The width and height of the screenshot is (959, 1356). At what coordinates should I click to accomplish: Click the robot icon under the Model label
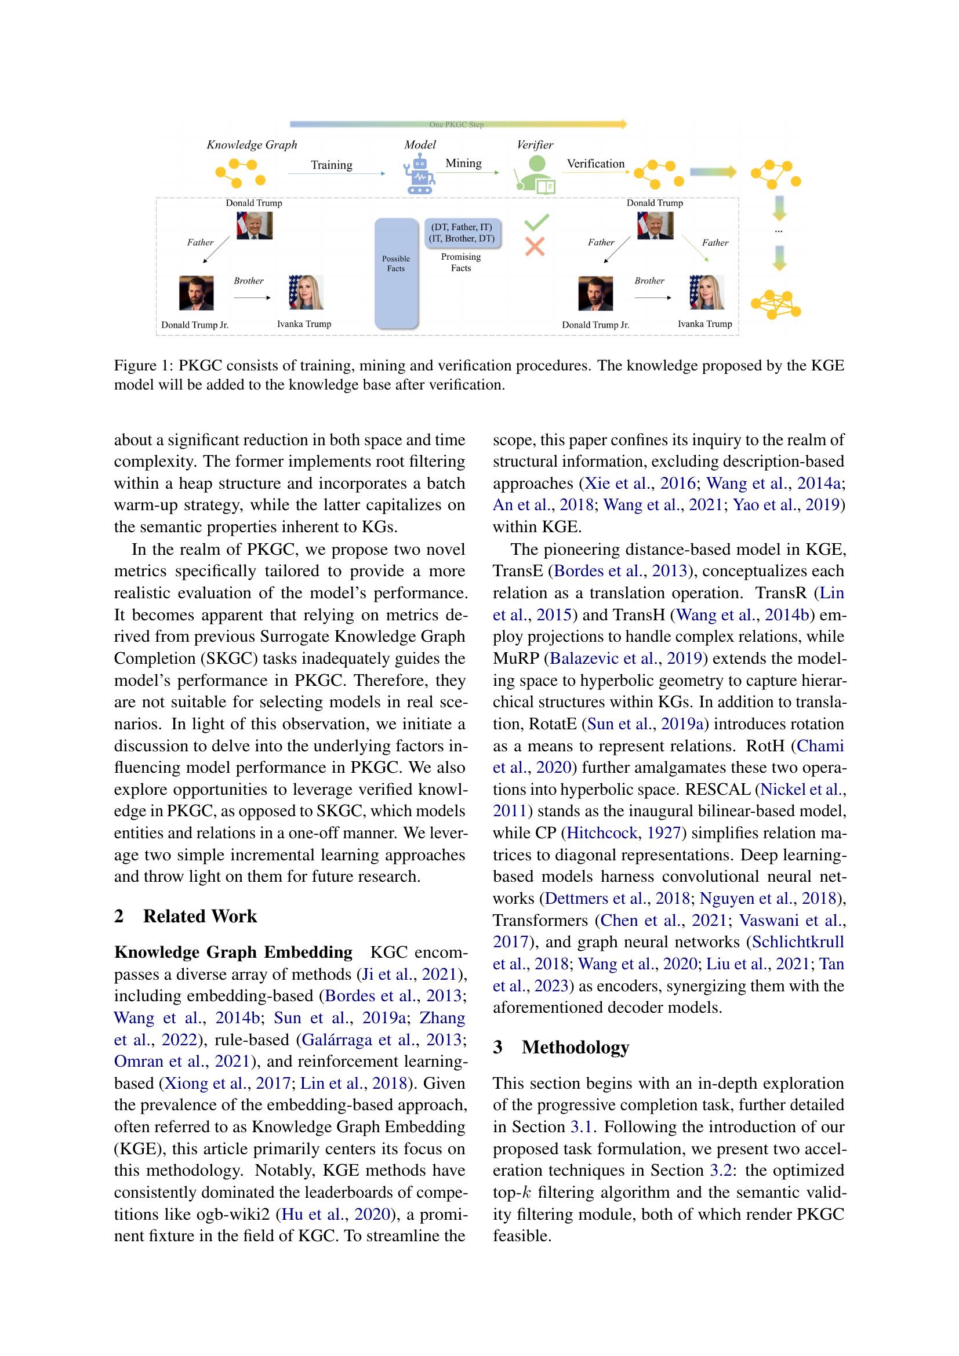pyautogui.click(x=419, y=176)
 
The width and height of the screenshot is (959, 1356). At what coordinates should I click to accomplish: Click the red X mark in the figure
pyautogui.click(x=535, y=246)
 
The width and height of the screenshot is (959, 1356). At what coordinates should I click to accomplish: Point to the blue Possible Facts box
pyautogui.click(x=396, y=273)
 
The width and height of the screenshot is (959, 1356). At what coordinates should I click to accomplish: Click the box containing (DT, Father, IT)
pyautogui.click(x=462, y=232)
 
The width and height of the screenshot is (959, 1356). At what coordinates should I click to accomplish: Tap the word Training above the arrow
pyautogui.click(x=331, y=165)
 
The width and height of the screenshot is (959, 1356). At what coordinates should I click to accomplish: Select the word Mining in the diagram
pyautogui.click(x=464, y=163)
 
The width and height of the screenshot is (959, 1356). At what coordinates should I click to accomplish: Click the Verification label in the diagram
pyautogui.click(x=595, y=163)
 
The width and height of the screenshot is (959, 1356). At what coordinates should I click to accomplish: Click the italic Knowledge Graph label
pyautogui.click(x=252, y=145)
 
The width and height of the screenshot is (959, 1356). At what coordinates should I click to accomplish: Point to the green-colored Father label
pyautogui.click(x=714, y=242)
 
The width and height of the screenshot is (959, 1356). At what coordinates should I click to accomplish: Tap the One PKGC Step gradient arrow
pyautogui.click(x=457, y=124)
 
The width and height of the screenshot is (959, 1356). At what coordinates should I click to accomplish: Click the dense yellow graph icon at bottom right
pyautogui.click(x=775, y=305)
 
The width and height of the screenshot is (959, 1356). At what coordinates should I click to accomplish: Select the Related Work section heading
pyautogui.click(x=199, y=916)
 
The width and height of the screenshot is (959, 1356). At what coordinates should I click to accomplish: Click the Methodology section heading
pyautogui.click(x=575, y=1047)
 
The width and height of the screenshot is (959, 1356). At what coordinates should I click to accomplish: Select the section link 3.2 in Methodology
pyautogui.click(x=715, y=1170)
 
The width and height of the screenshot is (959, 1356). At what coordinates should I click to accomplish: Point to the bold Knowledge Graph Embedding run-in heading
pyautogui.click(x=233, y=953)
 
